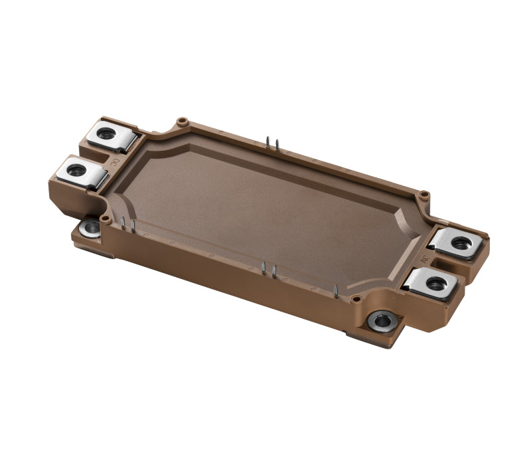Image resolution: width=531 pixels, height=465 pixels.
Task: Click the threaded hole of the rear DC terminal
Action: tap(106, 133)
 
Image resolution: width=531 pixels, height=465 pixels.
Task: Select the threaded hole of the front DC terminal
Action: tap(76, 170)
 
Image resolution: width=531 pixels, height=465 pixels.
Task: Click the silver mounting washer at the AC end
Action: tap(383, 322)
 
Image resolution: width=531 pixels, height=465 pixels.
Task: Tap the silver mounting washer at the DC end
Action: tap(90, 228)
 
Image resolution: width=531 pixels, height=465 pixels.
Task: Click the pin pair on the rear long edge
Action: tap(268, 142)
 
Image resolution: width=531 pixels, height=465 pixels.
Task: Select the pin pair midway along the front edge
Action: tap(269, 269)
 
